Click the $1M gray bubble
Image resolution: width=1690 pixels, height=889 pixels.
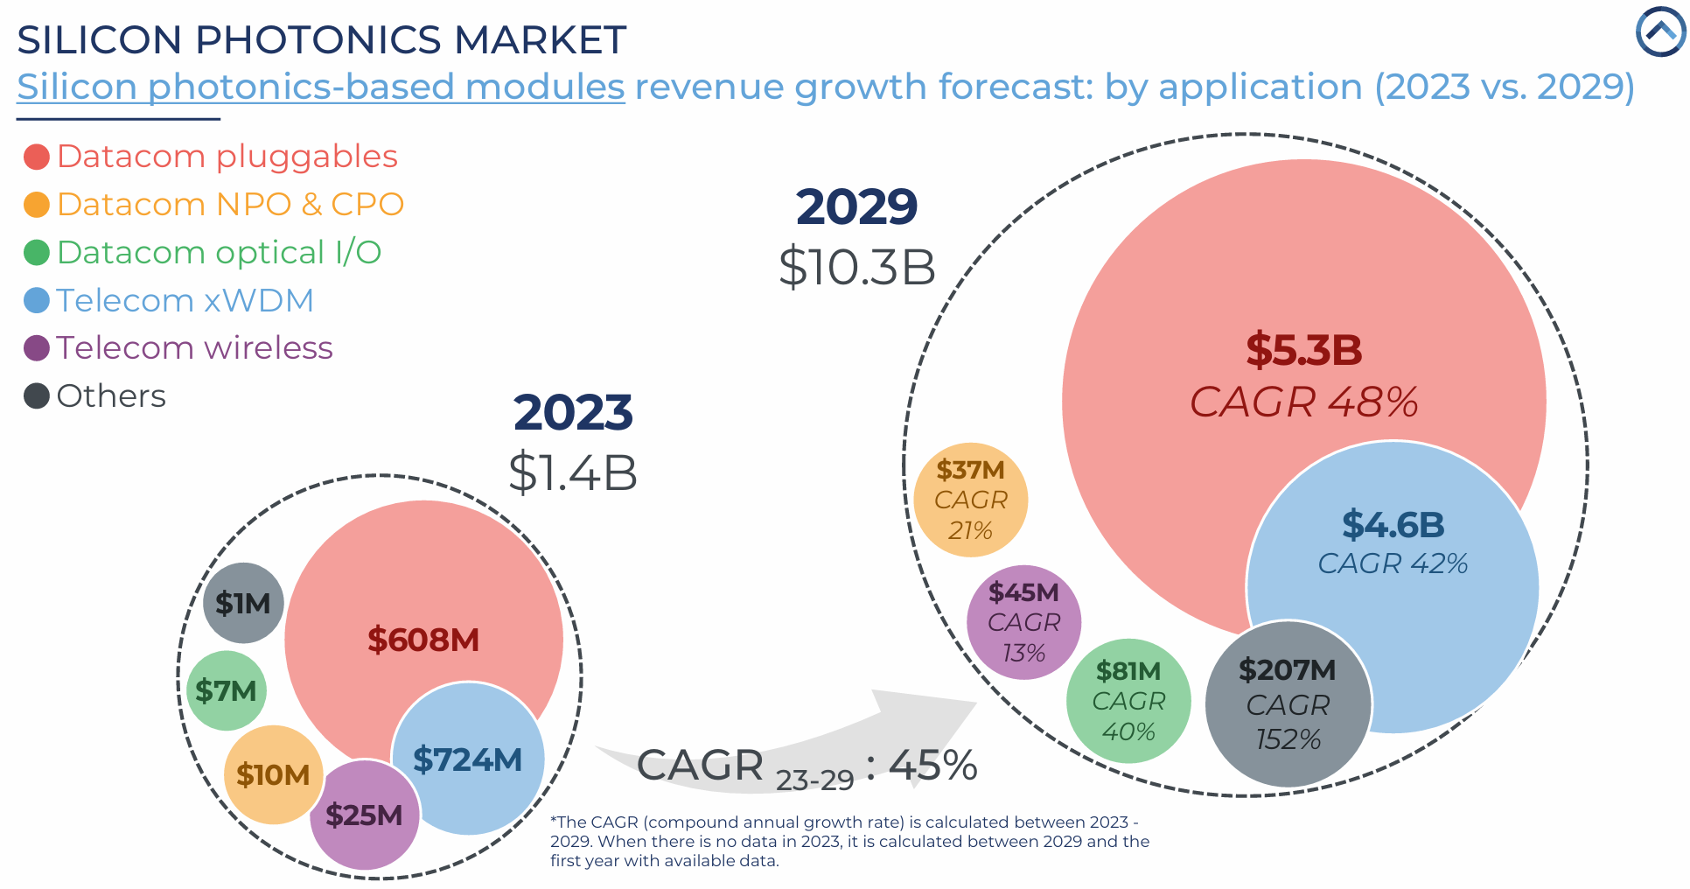point(243,603)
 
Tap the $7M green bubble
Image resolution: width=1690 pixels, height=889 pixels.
point(226,690)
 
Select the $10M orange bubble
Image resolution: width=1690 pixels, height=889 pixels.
point(273,774)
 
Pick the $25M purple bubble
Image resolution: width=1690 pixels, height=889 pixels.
point(364,815)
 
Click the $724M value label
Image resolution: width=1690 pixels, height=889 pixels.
point(467,759)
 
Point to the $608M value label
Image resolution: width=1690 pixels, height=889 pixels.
point(423,640)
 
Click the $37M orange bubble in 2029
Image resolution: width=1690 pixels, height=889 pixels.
point(970,500)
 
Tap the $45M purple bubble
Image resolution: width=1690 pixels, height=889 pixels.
point(1023,622)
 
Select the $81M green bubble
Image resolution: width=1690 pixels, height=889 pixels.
point(1128,701)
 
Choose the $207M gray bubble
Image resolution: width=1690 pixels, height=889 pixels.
point(1288,704)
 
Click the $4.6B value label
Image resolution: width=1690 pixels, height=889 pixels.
point(1393,525)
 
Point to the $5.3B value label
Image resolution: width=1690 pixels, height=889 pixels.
point(1304,350)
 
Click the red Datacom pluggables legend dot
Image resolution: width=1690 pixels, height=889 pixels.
point(37,157)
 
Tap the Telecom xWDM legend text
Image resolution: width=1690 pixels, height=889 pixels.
point(185,301)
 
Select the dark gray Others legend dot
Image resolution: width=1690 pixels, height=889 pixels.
point(37,396)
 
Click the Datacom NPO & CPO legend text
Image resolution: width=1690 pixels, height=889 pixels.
point(230,205)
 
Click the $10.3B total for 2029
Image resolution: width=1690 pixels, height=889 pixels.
point(856,267)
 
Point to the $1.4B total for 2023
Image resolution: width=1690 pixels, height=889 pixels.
point(573,472)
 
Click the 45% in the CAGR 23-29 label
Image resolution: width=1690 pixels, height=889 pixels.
point(932,765)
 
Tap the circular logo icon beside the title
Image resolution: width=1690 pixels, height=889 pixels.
point(1659,32)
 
